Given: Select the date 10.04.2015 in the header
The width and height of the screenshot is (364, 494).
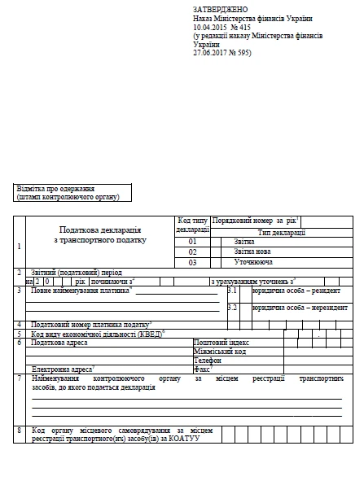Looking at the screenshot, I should [209, 25].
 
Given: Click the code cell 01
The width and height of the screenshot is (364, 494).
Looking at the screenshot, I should [193, 242].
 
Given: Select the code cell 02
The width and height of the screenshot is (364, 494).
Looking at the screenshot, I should [193, 252].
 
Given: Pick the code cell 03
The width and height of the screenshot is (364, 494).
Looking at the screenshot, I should [193, 263].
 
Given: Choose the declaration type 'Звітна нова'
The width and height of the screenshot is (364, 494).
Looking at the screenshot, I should [252, 252].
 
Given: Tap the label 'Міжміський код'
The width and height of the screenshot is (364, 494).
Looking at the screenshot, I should [217, 352].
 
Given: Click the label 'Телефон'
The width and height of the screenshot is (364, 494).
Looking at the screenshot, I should [207, 360].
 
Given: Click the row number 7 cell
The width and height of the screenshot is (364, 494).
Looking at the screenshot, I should [19, 379].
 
